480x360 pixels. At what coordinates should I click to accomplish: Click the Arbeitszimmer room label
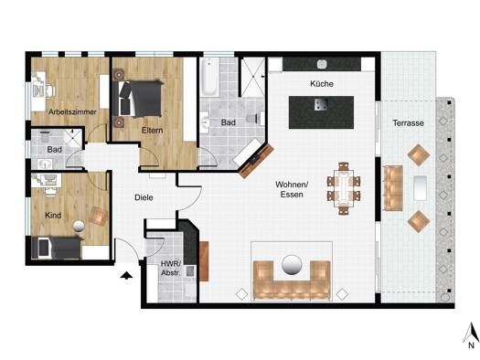(x=72, y=112)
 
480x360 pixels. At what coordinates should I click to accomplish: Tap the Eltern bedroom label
(x=152, y=131)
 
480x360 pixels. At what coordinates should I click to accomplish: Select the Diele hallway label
(x=144, y=197)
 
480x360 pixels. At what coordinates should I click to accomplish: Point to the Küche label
(x=322, y=83)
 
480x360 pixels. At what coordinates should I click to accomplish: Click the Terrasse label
(x=409, y=123)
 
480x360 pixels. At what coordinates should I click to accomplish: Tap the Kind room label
(x=53, y=216)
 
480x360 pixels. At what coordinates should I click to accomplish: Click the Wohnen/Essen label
(x=292, y=189)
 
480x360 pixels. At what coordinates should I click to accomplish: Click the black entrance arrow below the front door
(x=126, y=276)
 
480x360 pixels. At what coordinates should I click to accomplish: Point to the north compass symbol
(x=472, y=336)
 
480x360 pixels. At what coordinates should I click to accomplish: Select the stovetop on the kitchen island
(x=321, y=104)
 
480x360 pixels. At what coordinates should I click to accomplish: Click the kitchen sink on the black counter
(x=322, y=64)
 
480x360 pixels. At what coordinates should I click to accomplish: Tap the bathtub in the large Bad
(x=209, y=77)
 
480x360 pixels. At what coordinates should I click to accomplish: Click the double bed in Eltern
(x=137, y=99)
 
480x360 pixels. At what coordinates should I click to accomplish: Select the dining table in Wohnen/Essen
(x=344, y=188)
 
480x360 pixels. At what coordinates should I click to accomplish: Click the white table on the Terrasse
(x=420, y=188)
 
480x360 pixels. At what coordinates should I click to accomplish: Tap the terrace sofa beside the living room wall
(x=393, y=188)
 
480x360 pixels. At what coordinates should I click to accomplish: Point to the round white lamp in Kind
(x=79, y=226)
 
